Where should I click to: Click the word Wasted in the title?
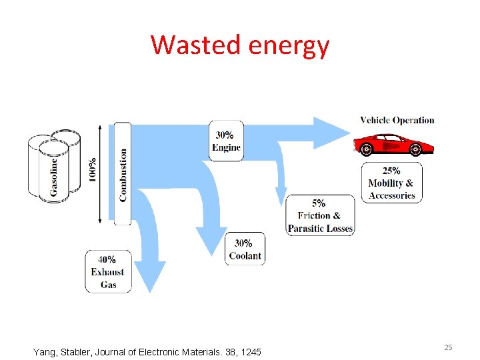(x=197, y=45)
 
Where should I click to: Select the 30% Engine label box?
(x=226, y=141)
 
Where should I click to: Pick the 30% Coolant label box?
(x=245, y=249)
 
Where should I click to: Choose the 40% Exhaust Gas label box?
(x=108, y=271)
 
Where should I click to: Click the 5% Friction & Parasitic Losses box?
(x=320, y=215)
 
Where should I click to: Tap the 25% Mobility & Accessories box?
(x=392, y=183)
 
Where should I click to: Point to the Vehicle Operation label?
(x=397, y=121)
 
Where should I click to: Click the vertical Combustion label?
(x=123, y=174)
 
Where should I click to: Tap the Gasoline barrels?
(x=54, y=166)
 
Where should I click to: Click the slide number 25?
(x=449, y=347)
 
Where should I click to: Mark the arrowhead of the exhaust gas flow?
(x=154, y=276)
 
